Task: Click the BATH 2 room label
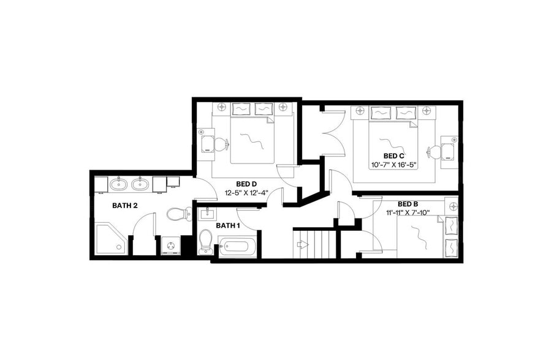124,206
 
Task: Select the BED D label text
246,184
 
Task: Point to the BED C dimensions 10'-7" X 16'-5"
394,165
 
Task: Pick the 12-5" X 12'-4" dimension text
246,192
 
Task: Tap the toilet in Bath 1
206,241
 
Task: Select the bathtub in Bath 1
237,247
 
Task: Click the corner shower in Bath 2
110,238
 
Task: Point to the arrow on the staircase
301,245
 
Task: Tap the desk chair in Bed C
435,151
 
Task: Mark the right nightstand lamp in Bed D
283,107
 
